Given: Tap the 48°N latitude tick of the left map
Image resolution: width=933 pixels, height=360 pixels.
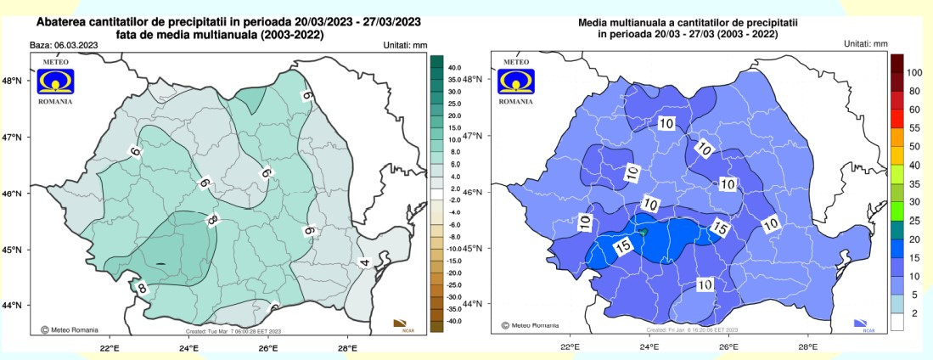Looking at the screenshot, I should click(x=15, y=82).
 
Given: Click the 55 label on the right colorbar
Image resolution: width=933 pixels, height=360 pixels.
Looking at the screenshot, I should click(x=914, y=127).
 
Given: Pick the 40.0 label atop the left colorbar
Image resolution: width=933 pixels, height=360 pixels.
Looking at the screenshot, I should click(x=455, y=67).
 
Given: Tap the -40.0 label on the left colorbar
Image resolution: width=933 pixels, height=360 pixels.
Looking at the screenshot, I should click(x=455, y=321).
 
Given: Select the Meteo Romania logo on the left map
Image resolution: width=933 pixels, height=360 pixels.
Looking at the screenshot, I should click(x=54, y=82).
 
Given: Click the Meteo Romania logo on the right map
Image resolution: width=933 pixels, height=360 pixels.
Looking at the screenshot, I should click(x=516, y=82).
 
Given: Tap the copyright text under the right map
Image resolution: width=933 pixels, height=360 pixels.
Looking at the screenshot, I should click(x=531, y=325).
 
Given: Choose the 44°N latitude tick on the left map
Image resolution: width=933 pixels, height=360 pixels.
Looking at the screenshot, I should click(x=15, y=306).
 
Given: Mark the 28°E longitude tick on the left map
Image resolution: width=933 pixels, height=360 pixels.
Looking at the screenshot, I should click(x=347, y=348).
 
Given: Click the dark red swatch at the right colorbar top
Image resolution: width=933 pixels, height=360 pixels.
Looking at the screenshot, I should click(x=897, y=63).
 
